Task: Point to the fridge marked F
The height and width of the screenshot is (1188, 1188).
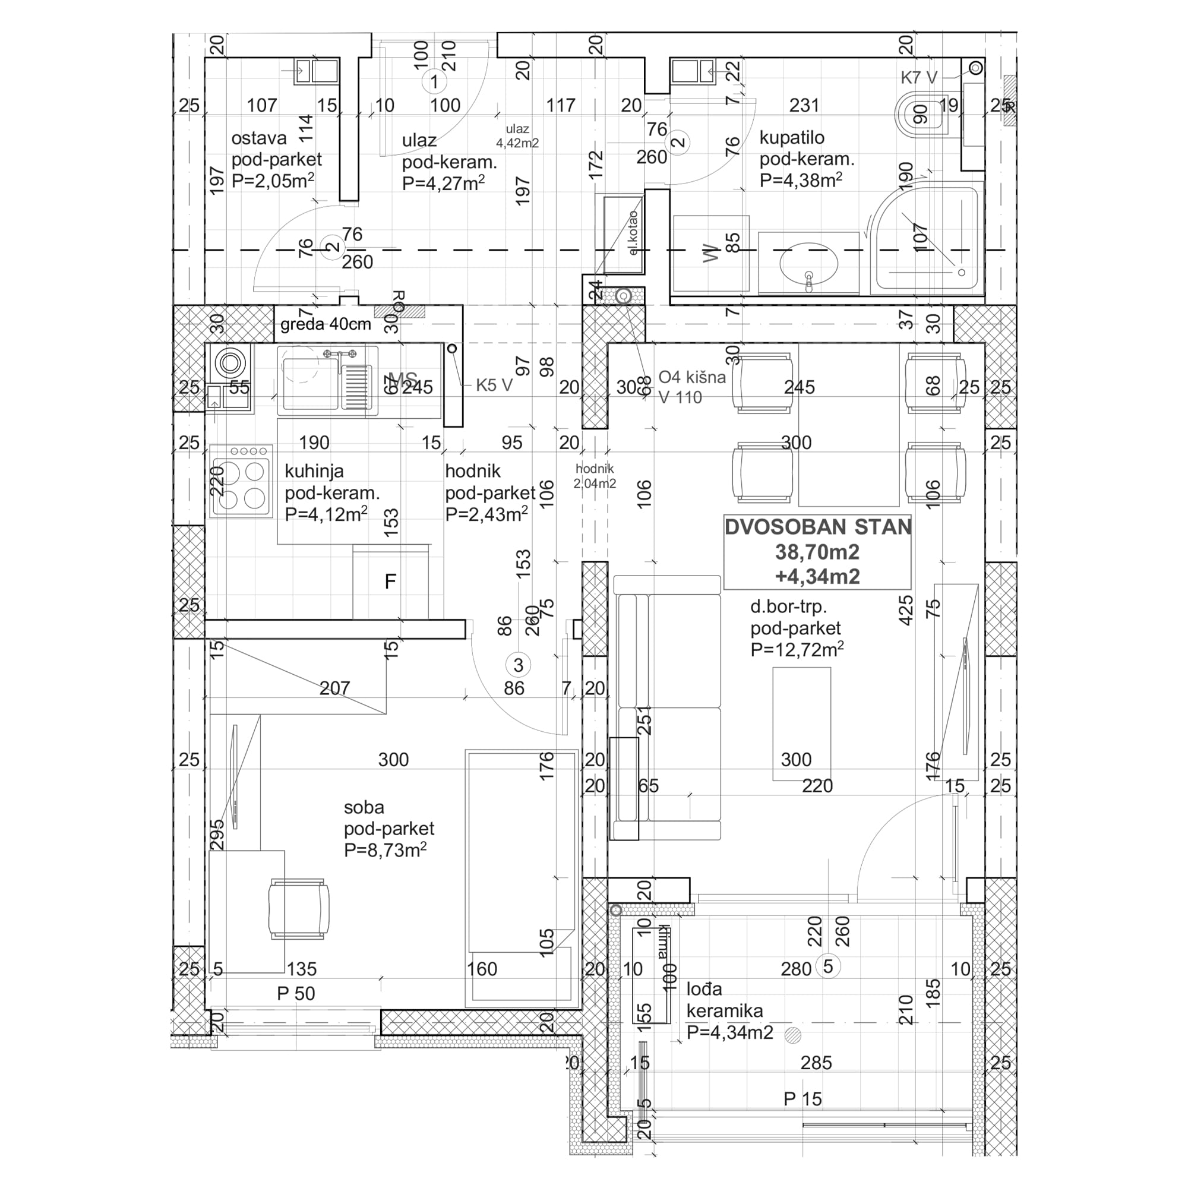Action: tap(390, 582)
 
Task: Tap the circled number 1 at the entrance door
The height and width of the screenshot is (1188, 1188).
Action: tap(434, 81)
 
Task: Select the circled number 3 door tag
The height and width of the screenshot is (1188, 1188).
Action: tap(518, 665)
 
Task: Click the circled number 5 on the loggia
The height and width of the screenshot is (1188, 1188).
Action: tap(827, 966)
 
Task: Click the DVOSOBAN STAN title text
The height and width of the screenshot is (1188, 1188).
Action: tap(817, 527)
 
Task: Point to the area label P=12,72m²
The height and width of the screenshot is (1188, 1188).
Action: tap(797, 650)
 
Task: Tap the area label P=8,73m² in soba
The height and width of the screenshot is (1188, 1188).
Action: tap(386, 851)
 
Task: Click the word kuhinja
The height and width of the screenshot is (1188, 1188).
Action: tap(314, 472)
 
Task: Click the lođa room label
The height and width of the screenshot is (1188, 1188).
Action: tap(704, 990)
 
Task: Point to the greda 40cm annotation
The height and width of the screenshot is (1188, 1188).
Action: tap(326, 324)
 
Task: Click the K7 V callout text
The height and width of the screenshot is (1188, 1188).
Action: tap(919, 77)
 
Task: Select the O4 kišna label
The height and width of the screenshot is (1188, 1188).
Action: tap(692, 377)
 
